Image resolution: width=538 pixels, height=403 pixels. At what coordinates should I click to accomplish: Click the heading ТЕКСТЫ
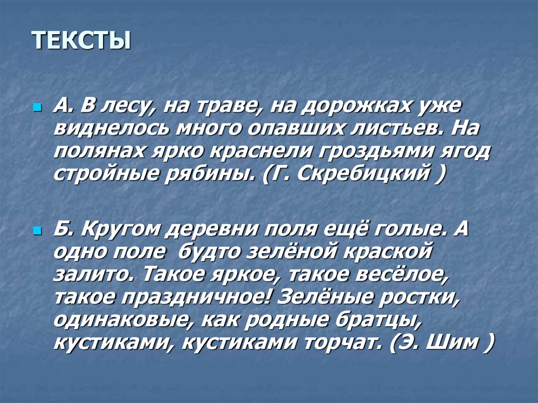(81, 41)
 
